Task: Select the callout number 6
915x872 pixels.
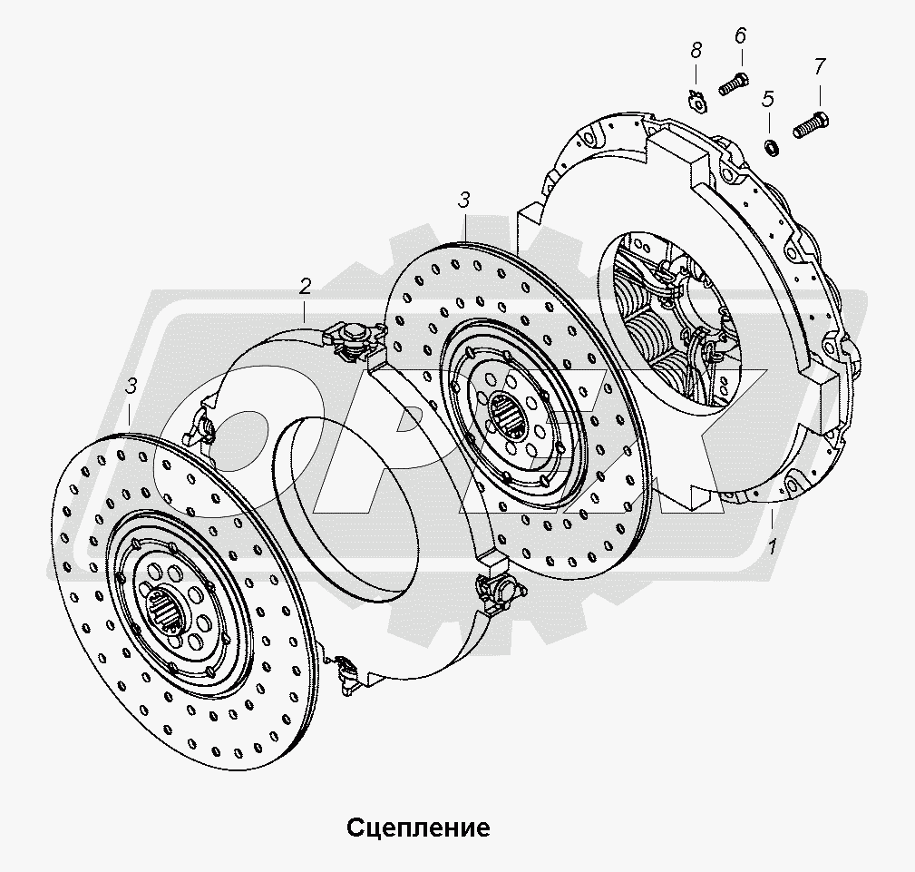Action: [740, 36]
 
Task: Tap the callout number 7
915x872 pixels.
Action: [819, 66]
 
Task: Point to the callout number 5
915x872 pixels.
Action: [768, 98]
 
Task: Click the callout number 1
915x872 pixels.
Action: [772, 547]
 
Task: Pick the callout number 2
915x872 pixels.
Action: [306, 288]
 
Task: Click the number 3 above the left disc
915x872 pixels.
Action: [131, 387]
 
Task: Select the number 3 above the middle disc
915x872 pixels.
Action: [463, 201]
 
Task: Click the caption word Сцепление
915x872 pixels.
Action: [418, 828]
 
